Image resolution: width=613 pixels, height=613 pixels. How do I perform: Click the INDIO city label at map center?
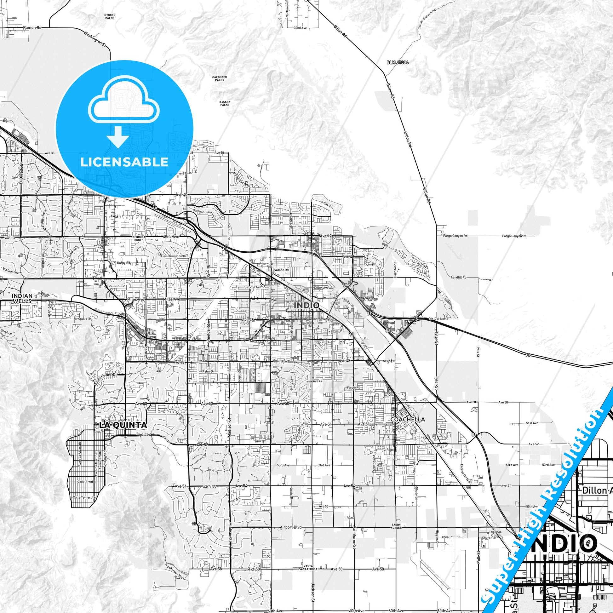306,305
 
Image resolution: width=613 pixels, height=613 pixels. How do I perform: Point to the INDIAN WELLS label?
22,298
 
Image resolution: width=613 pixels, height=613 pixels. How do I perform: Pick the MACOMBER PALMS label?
220,78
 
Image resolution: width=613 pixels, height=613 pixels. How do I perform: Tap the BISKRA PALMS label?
225,103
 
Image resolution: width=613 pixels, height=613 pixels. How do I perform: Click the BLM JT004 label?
398,62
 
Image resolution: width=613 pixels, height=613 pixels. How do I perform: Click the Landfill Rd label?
458,277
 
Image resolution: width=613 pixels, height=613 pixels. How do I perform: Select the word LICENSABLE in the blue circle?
124,162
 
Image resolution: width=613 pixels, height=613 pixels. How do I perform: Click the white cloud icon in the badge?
124,101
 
